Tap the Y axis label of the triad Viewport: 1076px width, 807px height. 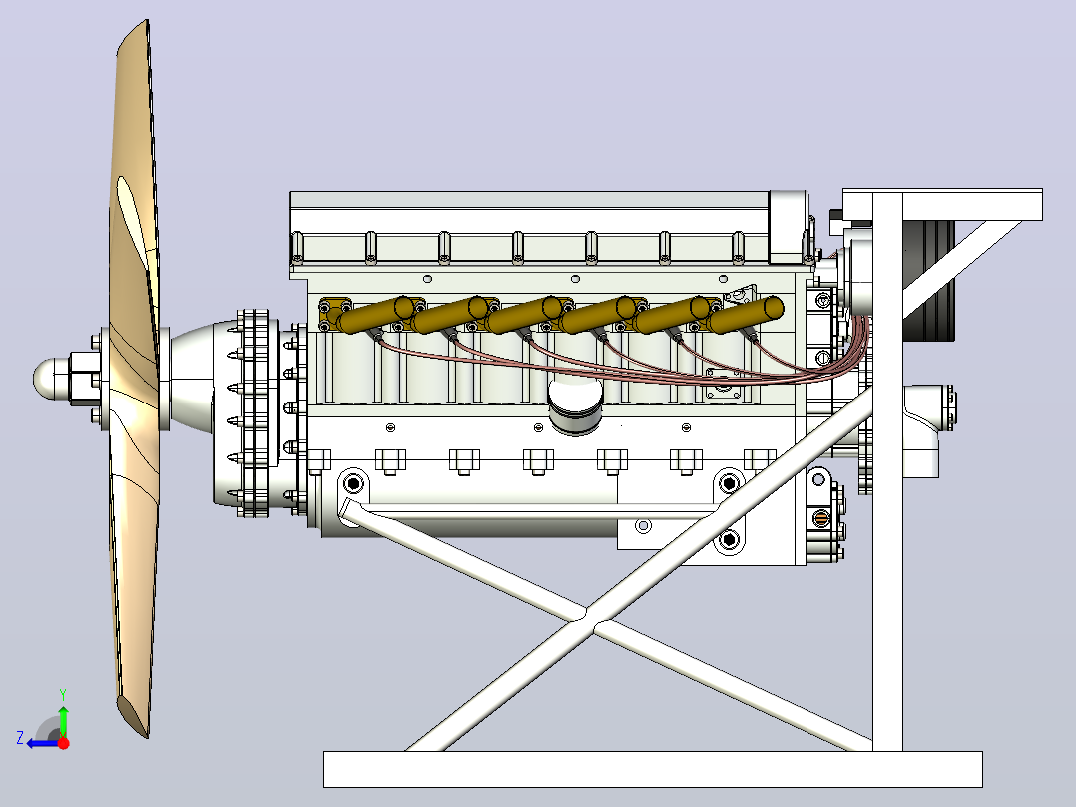click(x=63, y=695)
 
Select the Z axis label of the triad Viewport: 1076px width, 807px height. click(x=21, y=738)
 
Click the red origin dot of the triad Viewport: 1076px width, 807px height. click(x=63, y=743)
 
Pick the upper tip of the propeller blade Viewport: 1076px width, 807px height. click(x=146, y=21)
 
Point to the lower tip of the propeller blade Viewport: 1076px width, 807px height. click(x=146, y=735)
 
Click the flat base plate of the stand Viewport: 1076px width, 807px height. click(x=653, y=769)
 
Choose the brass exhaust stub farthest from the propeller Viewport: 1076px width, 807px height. click(x=747, y=315)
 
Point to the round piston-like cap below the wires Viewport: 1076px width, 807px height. click(x=575, y=405)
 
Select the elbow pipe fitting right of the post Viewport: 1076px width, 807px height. click(x=923, y=429)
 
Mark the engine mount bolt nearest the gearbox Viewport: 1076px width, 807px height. click(x=353, y=484)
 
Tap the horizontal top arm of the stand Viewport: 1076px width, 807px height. click(x=943, y=204)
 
